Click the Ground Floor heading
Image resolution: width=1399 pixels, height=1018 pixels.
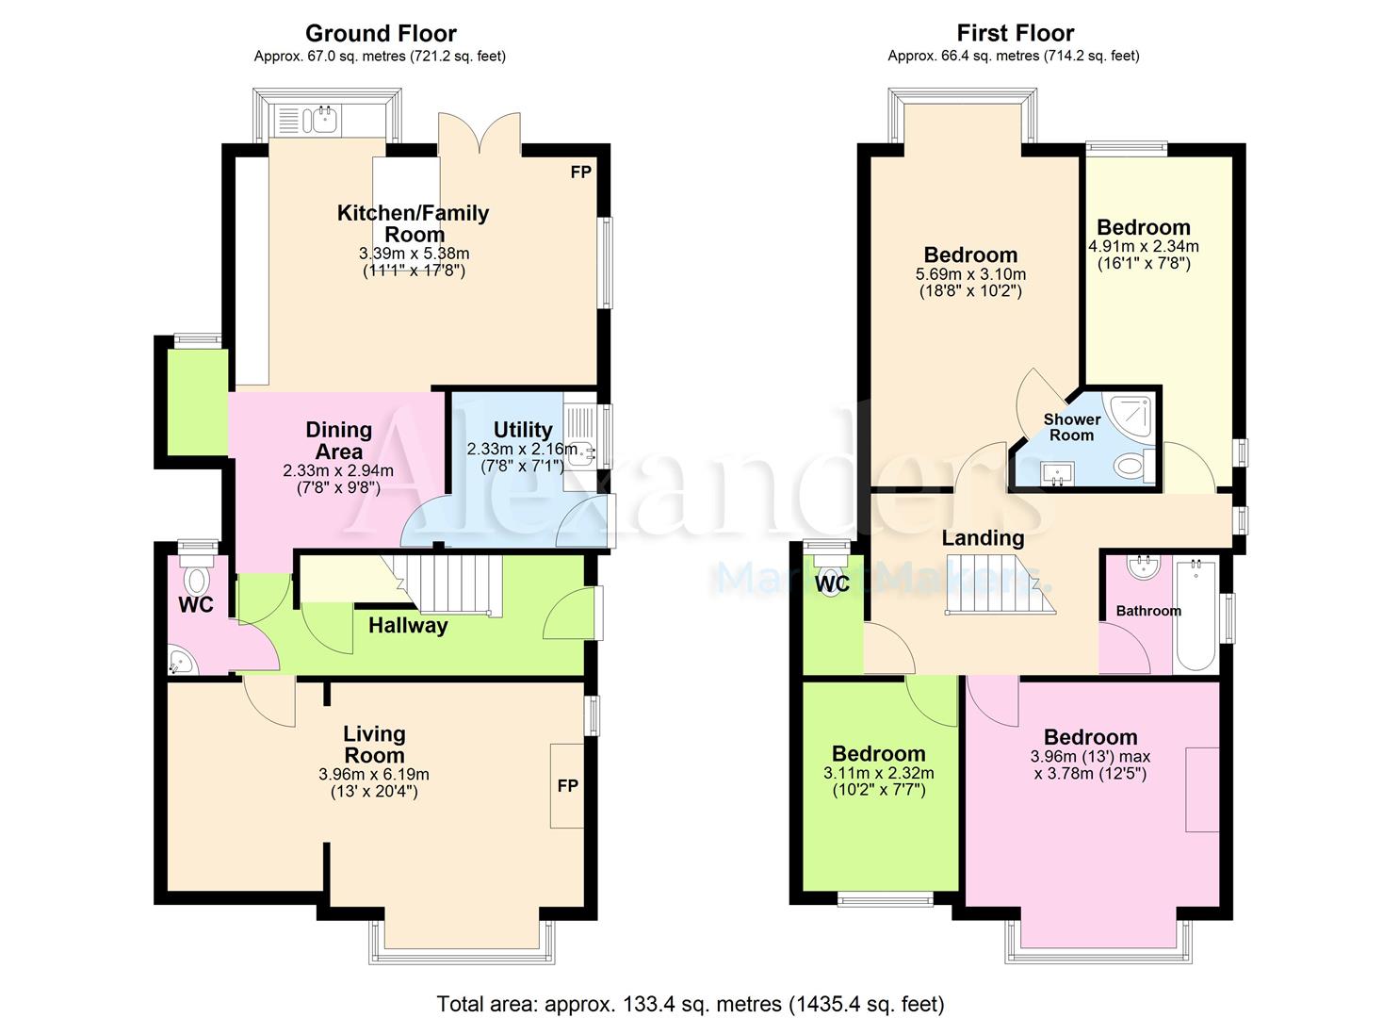coord(381,33)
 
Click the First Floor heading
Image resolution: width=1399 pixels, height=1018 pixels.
coord(1015,33)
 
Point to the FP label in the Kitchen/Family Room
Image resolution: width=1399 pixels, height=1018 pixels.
coord(580,172)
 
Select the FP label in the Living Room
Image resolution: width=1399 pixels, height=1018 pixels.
coord(567,785)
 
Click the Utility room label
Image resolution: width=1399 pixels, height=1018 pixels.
coord(523,429)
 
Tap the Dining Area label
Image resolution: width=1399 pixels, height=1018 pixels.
coord(338,440)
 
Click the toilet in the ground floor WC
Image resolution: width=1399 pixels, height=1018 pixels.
coord(197,574)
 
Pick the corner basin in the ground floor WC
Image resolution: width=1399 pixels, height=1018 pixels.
coord(183,662)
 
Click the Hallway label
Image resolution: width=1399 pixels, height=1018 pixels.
coord(408,626)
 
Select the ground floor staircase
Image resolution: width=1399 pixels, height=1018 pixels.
coord(447,585)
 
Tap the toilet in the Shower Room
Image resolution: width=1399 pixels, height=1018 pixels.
coord(1136,465)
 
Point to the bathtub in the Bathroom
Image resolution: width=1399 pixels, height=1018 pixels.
coord(1196,615)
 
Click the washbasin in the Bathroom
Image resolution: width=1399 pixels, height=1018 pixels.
coord(1145,567)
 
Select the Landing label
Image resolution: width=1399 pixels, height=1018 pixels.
coord(983,537)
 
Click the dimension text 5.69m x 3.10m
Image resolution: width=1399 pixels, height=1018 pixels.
coord(970,273)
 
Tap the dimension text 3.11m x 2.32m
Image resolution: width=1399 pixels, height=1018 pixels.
coord(879,773)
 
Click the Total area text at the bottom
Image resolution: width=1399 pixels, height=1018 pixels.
coord(691,987)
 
